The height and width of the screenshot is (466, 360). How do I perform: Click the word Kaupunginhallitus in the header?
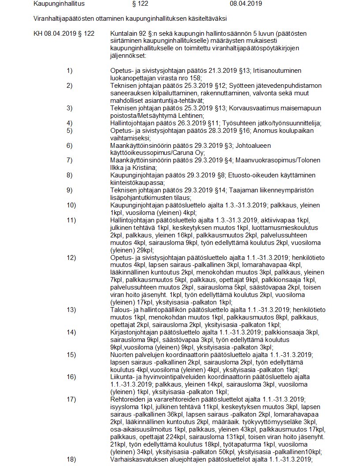click(59, 4)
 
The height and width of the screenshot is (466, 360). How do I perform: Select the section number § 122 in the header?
click(140, 4)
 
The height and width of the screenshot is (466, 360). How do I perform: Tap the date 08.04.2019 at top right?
click(246, 4)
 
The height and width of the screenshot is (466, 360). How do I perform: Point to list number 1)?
click(70, 71)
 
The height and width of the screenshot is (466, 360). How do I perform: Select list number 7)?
click(70, 160)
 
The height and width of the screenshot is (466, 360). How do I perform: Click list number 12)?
click(71, 257)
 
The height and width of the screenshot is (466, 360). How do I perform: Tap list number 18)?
click(71, 459)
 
